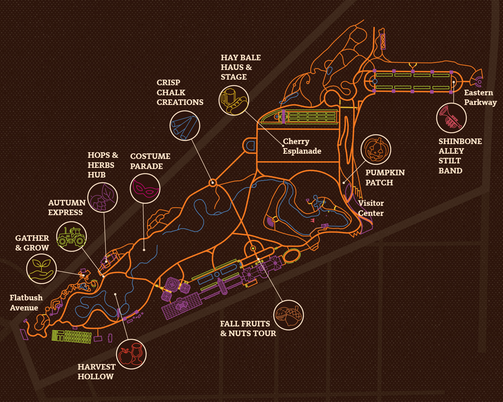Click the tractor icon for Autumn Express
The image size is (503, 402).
pos(72,237)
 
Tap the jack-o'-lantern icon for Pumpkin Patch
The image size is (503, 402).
pos(376,150)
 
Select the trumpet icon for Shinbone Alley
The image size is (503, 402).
pos(452,118)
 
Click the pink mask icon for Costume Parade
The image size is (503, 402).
pos(145,188)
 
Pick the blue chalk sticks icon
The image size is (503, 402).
pos(185,125)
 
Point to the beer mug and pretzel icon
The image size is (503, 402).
pos(234,100)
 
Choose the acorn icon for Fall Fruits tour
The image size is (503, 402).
pos(288,315)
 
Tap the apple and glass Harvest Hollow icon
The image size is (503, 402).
pos(131,354)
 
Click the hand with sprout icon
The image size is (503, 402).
pos(41,269)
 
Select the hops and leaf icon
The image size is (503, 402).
pos(102,198)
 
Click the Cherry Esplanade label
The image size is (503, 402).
pos(302,146)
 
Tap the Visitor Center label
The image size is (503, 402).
pos(371,208)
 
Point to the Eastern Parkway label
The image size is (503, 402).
pos(480,98)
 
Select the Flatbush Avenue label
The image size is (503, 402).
pos(26,303)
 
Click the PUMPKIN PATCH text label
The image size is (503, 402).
pos(385,178)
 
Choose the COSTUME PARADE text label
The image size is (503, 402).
pos(150,161)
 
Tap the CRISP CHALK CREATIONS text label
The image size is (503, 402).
pos(180,92)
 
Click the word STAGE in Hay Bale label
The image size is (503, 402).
pos(234,77)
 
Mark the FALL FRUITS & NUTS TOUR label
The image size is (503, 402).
pos(248,329)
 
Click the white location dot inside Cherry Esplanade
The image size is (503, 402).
pos(283,146)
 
